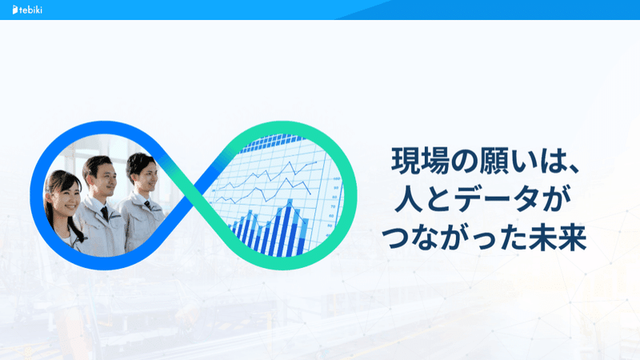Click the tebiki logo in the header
pyautogui.click(x=27, y=10)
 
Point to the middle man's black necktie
pyautogui.click(x=105, y=214)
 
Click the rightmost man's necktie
pyautogui.click(x=148, y=205)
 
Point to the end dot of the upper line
pyautogui.click(x=316, y=162)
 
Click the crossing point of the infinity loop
pyautogui.click(x=194, y=195)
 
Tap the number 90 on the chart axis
pyautogui.click(x=336, y=188)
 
